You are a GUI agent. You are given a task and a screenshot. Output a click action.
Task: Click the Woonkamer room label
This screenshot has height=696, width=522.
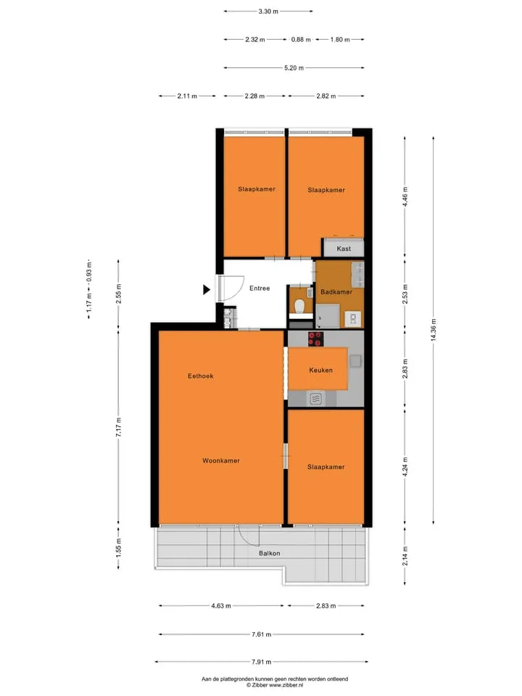coord(221,461)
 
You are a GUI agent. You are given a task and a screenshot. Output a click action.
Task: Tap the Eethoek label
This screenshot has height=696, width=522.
coord(201,376)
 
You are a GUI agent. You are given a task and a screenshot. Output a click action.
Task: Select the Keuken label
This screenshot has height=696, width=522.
coord(321,370)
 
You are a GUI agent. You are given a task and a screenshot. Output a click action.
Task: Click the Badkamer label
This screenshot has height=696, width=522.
coord(336,292)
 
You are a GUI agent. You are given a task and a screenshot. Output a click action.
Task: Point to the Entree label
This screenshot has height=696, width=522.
coord(260,289)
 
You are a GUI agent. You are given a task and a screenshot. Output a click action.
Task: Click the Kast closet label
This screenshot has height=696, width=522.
coord(344,249)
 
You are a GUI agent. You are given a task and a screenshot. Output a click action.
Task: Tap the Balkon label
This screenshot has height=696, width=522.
coord(270,553)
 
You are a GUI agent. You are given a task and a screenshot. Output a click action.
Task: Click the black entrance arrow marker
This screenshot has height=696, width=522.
coord(207,290)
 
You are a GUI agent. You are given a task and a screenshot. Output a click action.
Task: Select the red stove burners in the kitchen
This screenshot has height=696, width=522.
coord(315,339)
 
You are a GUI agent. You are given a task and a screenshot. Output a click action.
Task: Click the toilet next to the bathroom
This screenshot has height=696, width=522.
coord(299,306)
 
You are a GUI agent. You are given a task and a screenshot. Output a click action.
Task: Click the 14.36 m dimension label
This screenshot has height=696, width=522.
coord(434,330)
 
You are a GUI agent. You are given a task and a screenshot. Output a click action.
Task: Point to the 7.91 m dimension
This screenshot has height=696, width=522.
coord(262,662)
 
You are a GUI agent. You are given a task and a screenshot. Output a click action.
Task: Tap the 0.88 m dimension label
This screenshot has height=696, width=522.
coord(301,39)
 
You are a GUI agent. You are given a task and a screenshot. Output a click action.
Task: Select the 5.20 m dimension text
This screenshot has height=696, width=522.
coord(294,68)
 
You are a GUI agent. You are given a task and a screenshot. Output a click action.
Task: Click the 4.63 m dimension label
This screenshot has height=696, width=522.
coord(221,606)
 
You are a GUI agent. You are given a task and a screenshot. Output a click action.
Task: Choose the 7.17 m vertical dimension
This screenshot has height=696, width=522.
coord(118,428)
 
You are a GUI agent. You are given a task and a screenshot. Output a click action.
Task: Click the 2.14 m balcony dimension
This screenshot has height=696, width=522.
coord(405,556)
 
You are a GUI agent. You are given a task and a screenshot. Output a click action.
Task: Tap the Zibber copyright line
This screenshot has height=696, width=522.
coord(275,685)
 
